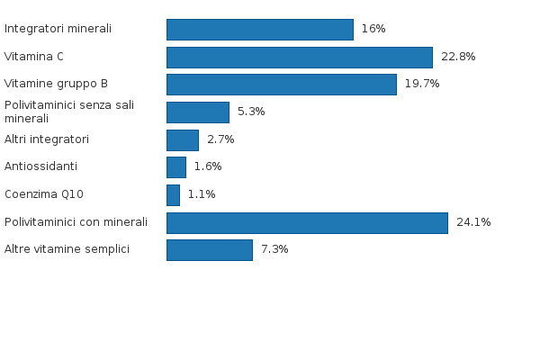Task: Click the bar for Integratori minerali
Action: tap(259, 29)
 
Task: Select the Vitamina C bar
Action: tap(299, 57)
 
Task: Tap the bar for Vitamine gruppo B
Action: tap(281, 85)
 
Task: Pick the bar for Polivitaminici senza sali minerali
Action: tap(197, 112)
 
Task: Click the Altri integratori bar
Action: tap(182, 139)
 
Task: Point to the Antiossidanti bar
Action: tap(175, 166)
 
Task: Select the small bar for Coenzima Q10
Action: tap(173, 194)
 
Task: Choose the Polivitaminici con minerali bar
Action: tap(307, 222)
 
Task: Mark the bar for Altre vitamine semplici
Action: tap(209, 249)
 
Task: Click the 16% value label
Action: tap(373, 29)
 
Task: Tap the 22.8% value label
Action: tap(458, 57)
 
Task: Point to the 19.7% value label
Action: tap(422, 85)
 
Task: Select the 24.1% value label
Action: tap(473, 222)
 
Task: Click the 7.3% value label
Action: tap(274, 249)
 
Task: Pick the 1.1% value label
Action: tap(202, 194)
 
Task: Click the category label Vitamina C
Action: tap(34, 57)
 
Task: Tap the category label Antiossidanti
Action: tap(40, 166)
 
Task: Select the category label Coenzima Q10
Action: tap(44, 194)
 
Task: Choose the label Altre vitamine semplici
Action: tap(67, 249)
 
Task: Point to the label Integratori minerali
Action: tap(58, 29)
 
